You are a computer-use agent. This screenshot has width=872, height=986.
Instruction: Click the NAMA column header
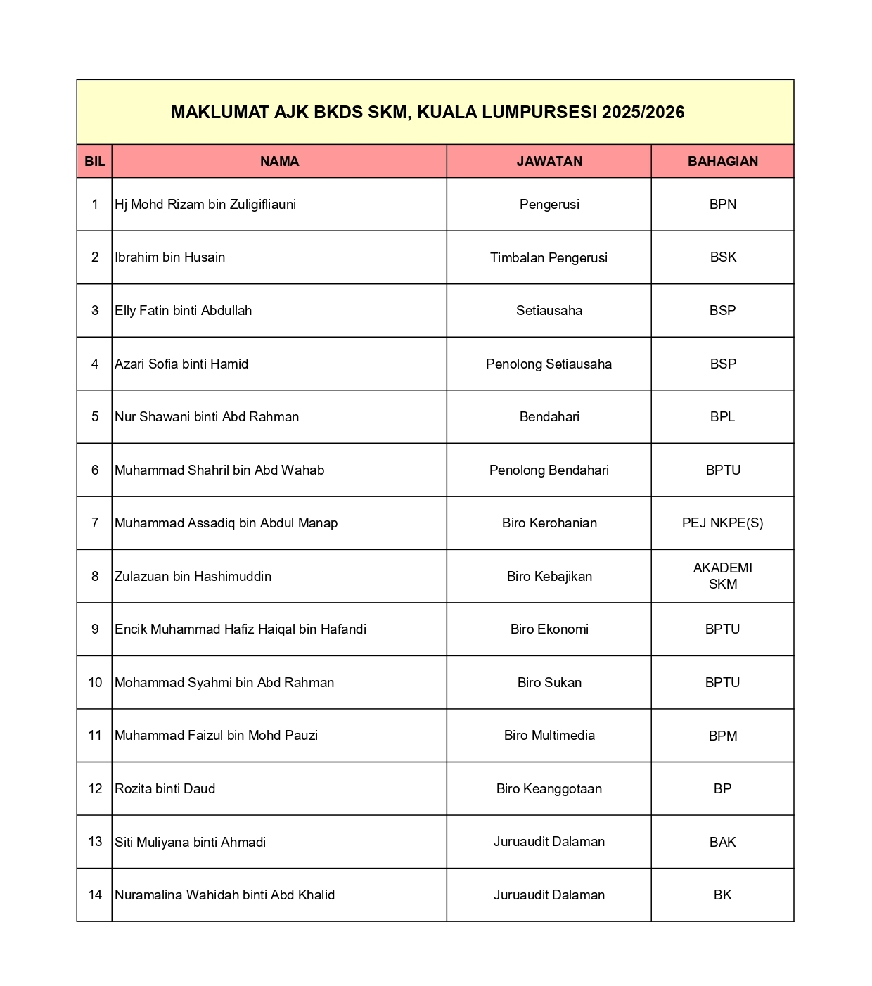point(279,161)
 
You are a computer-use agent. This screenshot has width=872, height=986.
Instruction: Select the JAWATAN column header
point(549,161)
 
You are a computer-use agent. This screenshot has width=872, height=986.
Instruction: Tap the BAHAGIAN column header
point(722,161)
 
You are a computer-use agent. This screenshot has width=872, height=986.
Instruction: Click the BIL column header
point(95,161)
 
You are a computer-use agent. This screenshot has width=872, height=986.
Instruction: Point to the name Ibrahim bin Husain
point(170,257)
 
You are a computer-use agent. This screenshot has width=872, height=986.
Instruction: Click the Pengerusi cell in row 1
point(549,205)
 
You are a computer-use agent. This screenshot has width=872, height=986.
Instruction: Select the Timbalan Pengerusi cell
point(549,257)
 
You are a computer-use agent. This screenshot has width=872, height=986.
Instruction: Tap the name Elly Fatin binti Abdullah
point(184,311)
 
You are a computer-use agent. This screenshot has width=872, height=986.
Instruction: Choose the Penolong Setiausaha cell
point(549,364)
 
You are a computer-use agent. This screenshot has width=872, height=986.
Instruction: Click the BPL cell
point(722,417)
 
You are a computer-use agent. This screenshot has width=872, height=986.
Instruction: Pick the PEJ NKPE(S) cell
point(722,523)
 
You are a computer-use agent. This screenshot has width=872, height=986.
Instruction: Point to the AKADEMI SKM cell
point(722,576)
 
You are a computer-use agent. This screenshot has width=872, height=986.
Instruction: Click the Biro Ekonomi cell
point(549,629)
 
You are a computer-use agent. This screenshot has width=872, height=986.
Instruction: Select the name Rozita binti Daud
point(165,789)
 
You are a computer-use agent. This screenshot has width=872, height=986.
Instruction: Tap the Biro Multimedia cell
point(549,736)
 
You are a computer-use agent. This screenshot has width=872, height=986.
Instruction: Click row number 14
point(95,895)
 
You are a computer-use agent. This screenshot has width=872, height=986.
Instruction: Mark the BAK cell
point(722,842)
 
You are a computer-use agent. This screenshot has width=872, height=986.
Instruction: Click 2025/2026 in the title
point(643,113)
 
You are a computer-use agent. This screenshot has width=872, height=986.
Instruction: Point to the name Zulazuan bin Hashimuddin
point(193,577)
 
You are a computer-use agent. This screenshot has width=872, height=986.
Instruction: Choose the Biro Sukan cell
point(549,683)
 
